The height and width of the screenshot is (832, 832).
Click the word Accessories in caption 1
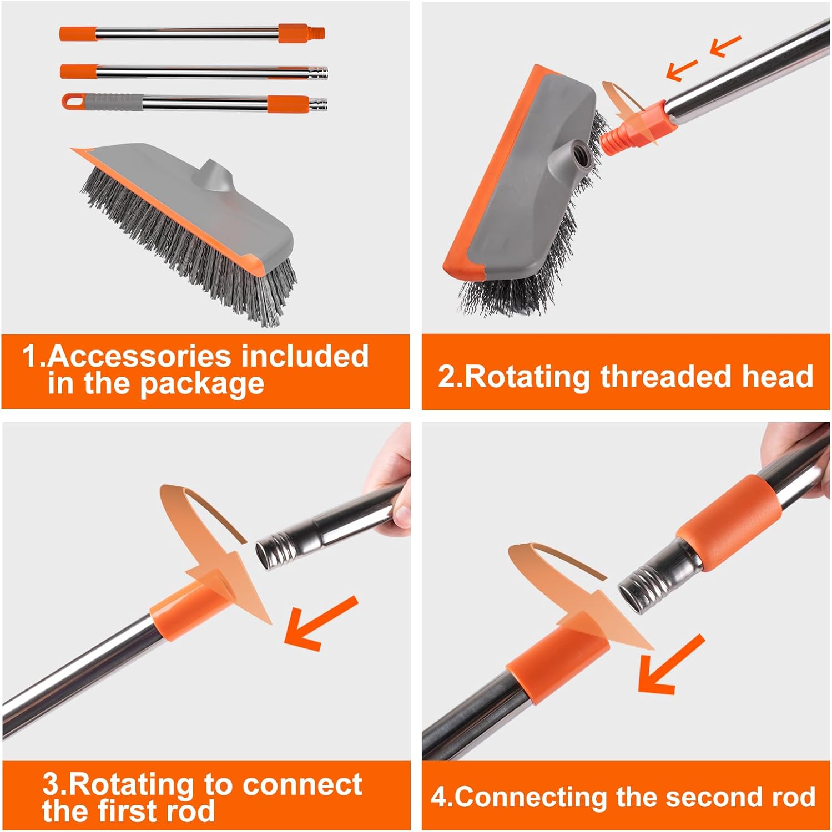(138, 356)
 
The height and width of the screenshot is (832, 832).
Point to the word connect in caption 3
(302, 784)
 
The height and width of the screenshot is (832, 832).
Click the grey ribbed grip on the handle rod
(114, 102)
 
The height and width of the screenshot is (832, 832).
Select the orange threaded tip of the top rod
(317, 33)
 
